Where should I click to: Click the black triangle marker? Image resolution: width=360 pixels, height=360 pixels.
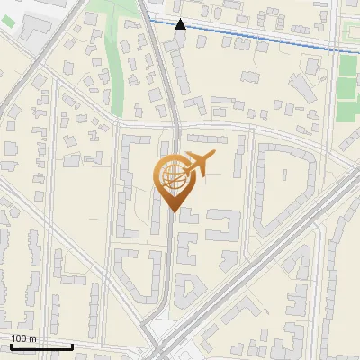pos(180,24)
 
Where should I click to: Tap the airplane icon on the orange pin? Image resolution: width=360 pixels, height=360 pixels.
pos(196,163)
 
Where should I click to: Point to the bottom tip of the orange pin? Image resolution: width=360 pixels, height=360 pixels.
pos(173,211)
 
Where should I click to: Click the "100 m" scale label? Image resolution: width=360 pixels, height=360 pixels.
pos(23,337)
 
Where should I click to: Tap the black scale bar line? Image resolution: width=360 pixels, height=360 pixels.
pos(40,346)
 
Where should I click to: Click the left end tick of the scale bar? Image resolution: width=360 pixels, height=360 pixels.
pos(11,345)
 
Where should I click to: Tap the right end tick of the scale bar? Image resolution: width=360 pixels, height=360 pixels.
pos(71,345)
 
